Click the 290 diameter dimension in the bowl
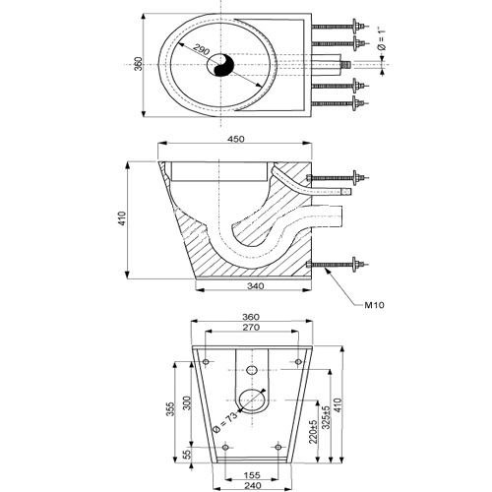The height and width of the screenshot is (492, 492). (x=201, y=49)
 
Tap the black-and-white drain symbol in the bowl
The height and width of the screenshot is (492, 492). (x=220, y=65)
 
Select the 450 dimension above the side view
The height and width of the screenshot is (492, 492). (x=236, y=139)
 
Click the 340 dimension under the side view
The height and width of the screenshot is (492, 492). (x=255, y=286)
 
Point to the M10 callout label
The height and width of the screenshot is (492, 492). (x=374, y=305)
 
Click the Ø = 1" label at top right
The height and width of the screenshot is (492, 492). (x=382, y=39)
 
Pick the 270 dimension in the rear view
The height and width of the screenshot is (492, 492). (x=251, y=327)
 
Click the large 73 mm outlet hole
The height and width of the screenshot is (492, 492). (x=252, y=400)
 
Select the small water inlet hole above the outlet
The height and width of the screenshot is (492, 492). (x=252, y=370)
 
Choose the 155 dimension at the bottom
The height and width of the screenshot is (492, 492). (x=252, y=475)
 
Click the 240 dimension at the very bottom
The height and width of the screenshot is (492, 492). (x=253, y=485)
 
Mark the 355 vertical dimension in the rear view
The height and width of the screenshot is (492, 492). (x=170, y=409)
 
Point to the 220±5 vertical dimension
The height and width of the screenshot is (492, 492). (x=313, y=432)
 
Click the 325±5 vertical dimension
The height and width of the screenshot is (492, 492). (x=326, y=417)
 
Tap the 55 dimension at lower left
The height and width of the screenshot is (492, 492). (x=186, y=455)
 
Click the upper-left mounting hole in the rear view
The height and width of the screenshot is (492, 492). (x=206, y=362)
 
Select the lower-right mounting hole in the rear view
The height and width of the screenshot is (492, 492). (x=278, y=447)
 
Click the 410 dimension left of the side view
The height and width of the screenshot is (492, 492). (x=122, y=218)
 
